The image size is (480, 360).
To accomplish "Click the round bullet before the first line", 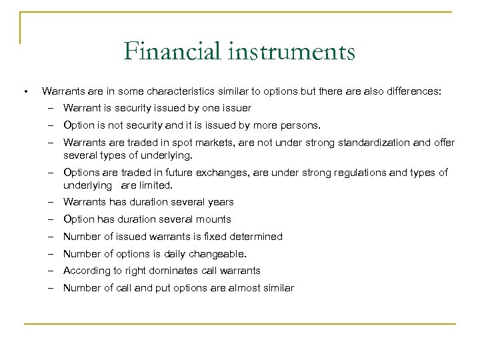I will [x=25, y=91].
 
